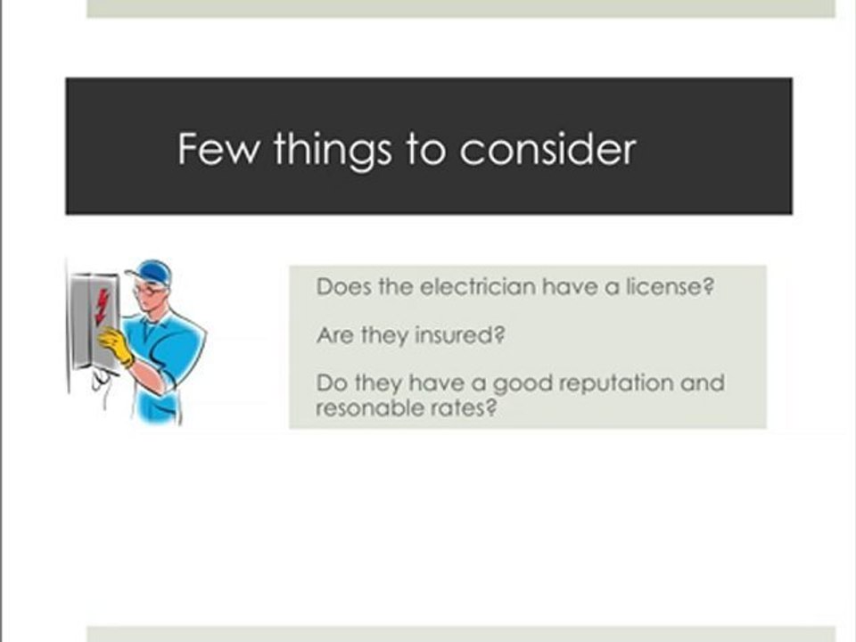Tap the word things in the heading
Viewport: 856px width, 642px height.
333,150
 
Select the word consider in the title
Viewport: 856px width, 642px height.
547,148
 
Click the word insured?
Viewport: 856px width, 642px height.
460,334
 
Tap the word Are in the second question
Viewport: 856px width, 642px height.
335,335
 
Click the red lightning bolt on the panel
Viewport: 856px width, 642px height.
102,307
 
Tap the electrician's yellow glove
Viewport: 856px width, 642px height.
116,346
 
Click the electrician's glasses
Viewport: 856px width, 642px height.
148,290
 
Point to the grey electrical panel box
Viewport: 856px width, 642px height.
93,322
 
